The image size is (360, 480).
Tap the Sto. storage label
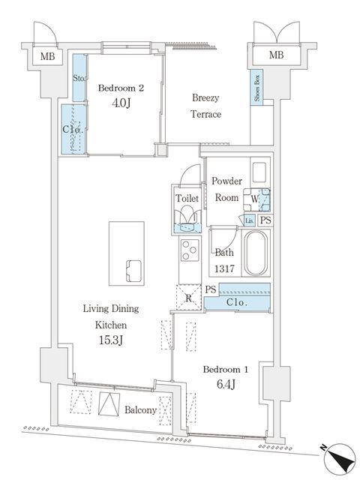79,78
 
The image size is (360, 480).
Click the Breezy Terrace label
205,106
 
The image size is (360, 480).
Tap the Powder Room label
225,189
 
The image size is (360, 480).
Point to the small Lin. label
248,220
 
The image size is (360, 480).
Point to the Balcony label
141,409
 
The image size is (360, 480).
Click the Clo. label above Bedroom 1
237,302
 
